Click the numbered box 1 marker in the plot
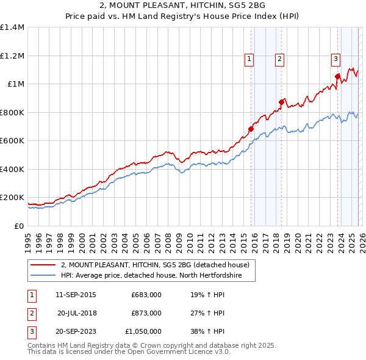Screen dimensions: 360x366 click(x=249, y=59)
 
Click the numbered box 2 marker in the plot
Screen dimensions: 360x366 click(x=279, y=59)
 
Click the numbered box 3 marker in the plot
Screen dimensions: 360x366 click(x=335, y=59)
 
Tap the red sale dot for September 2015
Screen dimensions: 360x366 click(x=251, y=129)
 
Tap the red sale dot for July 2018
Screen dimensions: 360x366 click(x=281, y=102)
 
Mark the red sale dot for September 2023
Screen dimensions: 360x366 click(x=337, y=76)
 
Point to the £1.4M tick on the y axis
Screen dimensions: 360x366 click(x=12, y=27)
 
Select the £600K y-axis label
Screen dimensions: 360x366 click(x=12, y=141)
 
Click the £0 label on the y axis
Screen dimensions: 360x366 click(x=18, y=226)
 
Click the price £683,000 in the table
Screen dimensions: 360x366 click(x=146, y=295)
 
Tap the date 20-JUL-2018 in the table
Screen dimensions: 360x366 click(x=77, y=313)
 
